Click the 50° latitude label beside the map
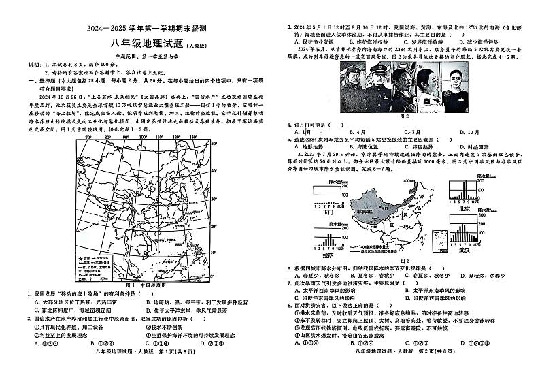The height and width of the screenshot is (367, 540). [x=213, y=144]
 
